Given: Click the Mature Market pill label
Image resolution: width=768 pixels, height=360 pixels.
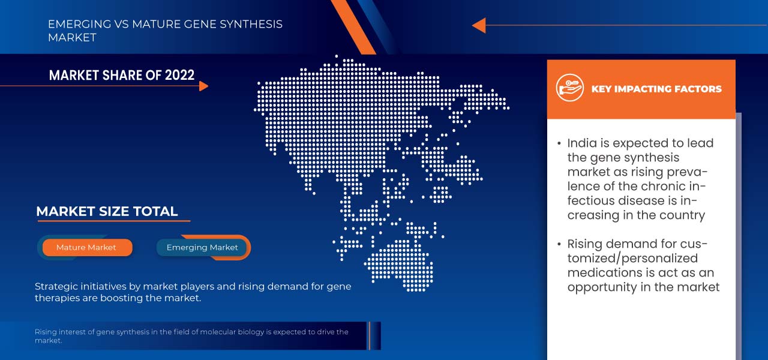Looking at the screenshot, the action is coord(86,247).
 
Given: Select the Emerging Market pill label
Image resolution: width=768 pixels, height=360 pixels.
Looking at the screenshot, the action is coord(202,248).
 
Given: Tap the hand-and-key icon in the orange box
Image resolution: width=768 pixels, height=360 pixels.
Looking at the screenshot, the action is coord(569,88).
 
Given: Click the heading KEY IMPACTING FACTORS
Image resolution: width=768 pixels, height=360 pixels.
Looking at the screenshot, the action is coord(656,89).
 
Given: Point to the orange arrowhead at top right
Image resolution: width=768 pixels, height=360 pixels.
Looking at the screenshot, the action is coord(479,25).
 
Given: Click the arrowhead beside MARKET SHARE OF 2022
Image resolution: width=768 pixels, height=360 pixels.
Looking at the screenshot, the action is coord(203,86).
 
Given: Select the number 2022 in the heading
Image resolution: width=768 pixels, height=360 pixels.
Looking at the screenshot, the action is coord(179,75).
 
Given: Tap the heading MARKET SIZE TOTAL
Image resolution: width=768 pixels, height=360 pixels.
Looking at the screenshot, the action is coord(107,211).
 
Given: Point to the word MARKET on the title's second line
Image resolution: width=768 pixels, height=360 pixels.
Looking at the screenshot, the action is coord(72,37).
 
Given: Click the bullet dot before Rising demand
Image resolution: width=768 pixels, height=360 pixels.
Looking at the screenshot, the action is coord(559,244).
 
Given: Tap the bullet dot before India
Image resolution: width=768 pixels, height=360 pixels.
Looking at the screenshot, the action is coord(559,143).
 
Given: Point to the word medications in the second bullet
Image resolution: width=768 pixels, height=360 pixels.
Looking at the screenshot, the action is coord(604,272).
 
